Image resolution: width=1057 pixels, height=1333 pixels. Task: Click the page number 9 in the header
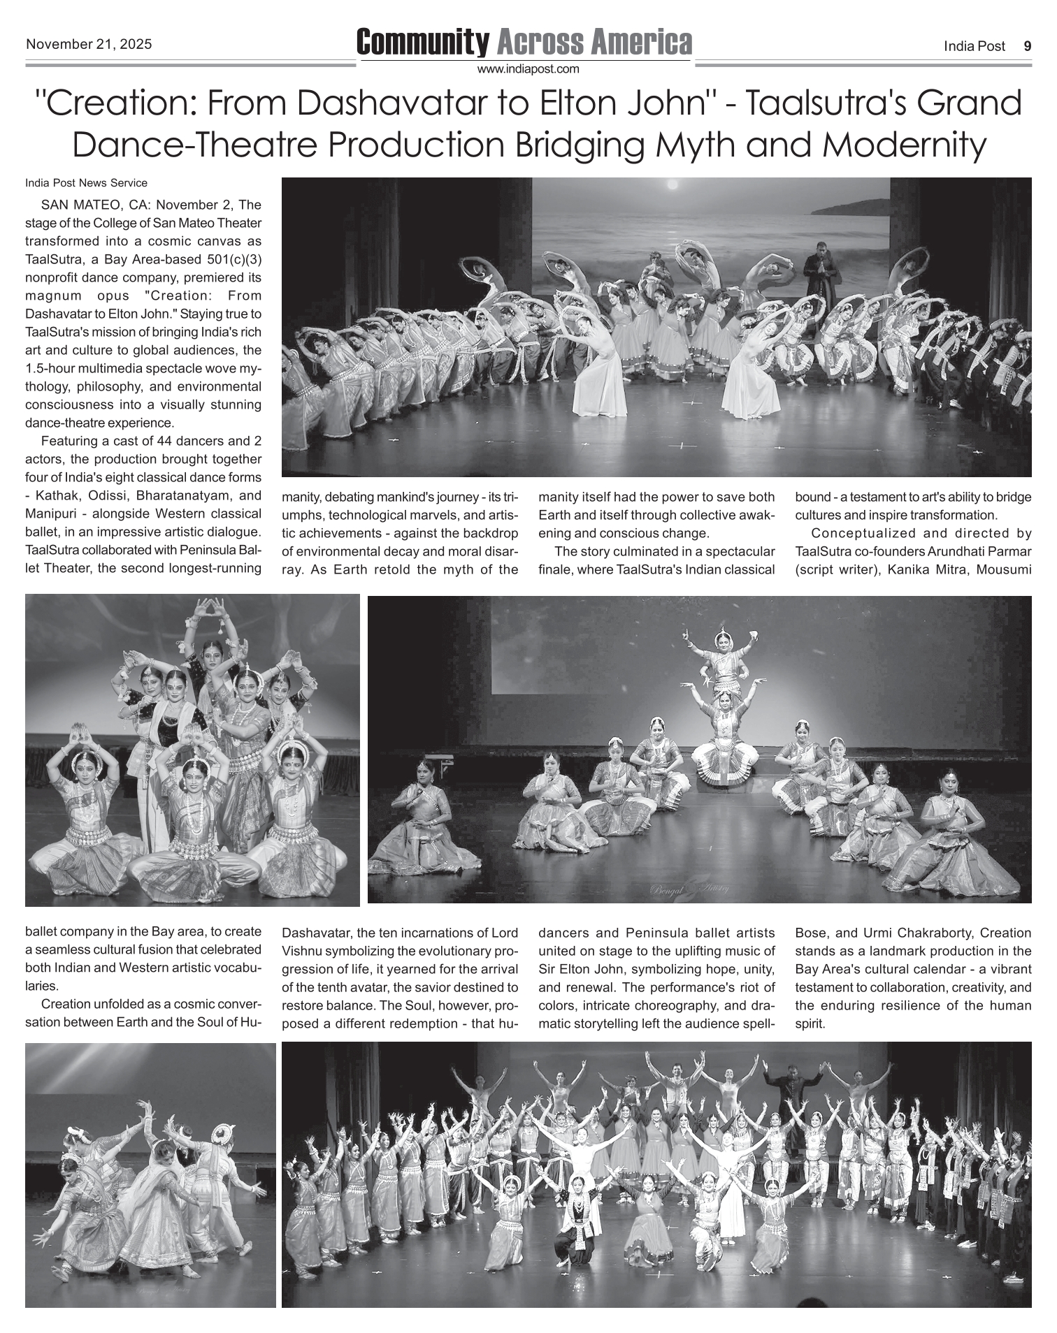(x=1027, y=47)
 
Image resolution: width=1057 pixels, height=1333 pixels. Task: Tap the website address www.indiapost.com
(x=528, y=69)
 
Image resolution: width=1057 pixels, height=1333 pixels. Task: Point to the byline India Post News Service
(x=86, y=183)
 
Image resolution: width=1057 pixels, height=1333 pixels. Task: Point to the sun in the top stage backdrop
(x=673, y=185)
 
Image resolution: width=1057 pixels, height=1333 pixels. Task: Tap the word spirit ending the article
(x=810, y=1024)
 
